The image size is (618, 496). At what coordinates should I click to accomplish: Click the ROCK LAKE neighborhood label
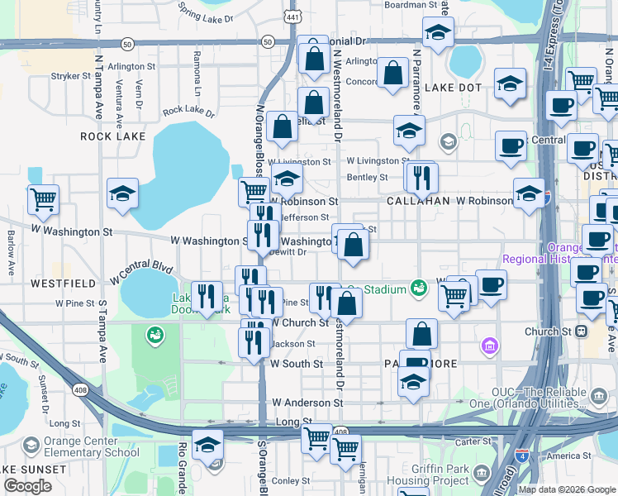coord(112,136)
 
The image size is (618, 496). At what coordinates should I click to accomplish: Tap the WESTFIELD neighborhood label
coord(58,283)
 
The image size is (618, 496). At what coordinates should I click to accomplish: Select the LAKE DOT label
coord(454,88)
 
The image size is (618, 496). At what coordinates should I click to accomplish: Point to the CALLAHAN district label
coord(418,201)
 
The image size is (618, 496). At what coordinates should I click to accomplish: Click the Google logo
coord(28,486)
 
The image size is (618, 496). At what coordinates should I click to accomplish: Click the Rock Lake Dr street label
coord(188,111)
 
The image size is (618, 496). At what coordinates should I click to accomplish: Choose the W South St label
coord(296,364)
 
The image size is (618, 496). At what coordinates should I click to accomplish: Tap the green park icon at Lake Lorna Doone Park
coord(154,335)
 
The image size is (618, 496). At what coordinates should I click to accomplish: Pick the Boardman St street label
coord(411,5)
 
